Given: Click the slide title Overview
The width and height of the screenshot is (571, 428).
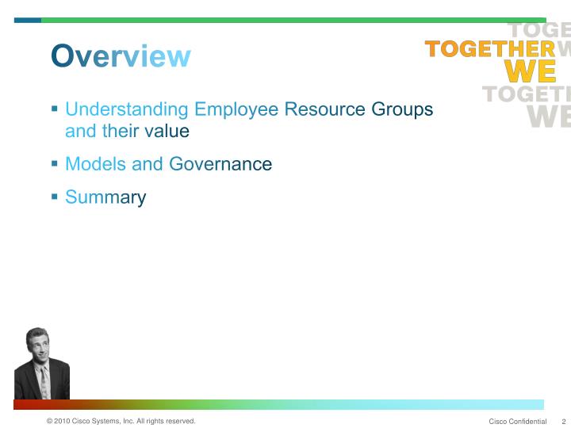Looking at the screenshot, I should tap(121, 56).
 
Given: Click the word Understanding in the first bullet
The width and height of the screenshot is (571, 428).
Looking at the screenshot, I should tap(127, 109).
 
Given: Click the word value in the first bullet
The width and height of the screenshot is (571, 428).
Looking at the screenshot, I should tap(167, 131).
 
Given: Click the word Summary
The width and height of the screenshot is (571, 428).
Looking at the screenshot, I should tap(105, 197).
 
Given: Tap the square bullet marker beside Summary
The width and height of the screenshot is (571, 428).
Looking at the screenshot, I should tap(55, 196).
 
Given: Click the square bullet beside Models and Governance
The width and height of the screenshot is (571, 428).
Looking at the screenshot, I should tap(55, 162).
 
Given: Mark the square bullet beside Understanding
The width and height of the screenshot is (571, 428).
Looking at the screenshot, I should tap(55, 108).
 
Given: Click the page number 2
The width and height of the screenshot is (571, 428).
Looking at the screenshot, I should tap(563, 421).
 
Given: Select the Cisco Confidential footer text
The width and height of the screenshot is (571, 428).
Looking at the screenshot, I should tap(518, 421).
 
